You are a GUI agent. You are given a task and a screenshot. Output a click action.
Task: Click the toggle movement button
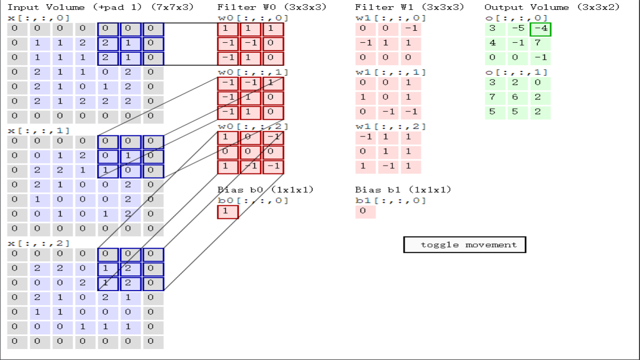pos(464,245)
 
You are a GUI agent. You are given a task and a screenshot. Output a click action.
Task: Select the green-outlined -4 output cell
pos(540,29)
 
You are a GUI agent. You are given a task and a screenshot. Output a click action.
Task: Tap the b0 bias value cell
pos(228,212)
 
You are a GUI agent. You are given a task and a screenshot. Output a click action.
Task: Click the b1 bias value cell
pos(365,212)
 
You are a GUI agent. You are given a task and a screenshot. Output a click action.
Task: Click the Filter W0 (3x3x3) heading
pos(272,7)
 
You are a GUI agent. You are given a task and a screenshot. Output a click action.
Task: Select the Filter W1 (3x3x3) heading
pos(409,7)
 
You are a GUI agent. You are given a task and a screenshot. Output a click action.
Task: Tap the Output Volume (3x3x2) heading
pos(552,7)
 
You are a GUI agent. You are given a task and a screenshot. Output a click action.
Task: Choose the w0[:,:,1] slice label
pos(253,72)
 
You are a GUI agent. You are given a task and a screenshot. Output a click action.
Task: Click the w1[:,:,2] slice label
pos(390,126)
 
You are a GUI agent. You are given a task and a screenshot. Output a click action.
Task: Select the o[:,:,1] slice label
pos(516,72)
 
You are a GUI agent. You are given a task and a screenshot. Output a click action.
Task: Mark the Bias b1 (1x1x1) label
pos(403,190)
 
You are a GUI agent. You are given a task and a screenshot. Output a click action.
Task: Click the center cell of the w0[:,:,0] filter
pos(250,43)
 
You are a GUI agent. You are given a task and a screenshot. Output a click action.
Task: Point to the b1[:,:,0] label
pos(390,201)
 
